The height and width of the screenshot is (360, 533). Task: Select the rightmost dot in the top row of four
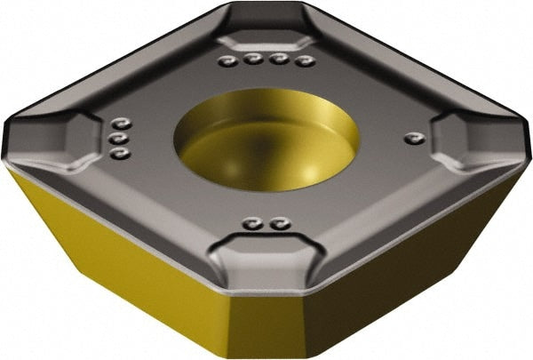pyautogui.click(x=307, y=61)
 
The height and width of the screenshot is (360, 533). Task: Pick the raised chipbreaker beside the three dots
pyautogui.click(x=71, y=142)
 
